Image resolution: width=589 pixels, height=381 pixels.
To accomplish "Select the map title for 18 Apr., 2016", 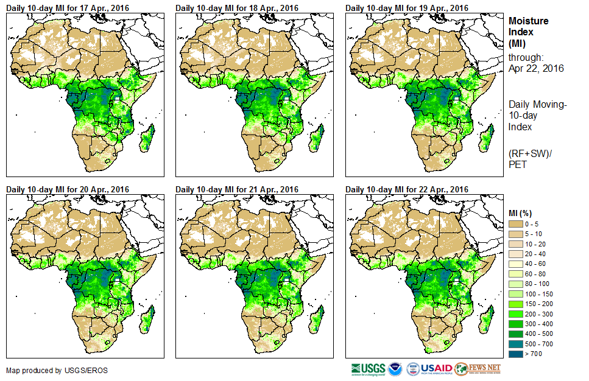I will click(x=237, y=8).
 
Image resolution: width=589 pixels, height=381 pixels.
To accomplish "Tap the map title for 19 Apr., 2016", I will click(x=407, y=8).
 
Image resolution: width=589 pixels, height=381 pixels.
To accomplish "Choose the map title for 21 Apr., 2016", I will click(x=237, y=189).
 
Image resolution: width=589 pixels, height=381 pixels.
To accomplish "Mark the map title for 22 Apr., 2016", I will click(x=407, y=189).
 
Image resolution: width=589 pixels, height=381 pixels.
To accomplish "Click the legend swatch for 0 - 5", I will click(x=517, y=224).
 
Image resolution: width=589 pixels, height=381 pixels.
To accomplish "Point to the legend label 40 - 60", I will click(x=537, y=263).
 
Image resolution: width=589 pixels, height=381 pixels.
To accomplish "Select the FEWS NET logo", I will click(x=478, y=368).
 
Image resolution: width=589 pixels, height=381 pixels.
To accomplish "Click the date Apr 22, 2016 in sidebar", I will click(x=536, y=68).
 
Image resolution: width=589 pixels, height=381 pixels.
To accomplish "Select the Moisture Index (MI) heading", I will click(x=528, y=32).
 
